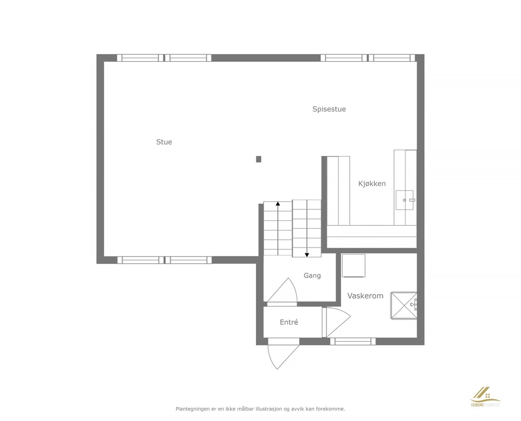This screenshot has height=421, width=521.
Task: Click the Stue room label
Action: (x=164, y=142)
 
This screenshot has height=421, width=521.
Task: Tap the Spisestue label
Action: (x=329, y=109)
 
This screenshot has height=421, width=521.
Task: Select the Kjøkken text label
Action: (x=372, y=183)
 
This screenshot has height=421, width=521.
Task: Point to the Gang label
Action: (x=312, y=276)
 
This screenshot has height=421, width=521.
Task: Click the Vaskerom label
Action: (x=365, y=296)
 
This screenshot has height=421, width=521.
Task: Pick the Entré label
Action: (x=289, y=322)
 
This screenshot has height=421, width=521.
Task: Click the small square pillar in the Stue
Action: (x=259, y=159)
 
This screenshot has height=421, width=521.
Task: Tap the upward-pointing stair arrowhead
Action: (x=278, y=203)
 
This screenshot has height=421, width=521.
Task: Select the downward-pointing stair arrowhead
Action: (x=307, y=255)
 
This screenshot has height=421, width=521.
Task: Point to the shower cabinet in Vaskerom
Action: (x=403, y=305)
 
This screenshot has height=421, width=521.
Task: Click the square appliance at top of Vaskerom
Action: (x=353, y=266)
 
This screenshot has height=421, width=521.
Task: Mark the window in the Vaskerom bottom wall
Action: (x=353, y=341)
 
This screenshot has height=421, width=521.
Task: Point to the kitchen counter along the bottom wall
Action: (x=372, y=236)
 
